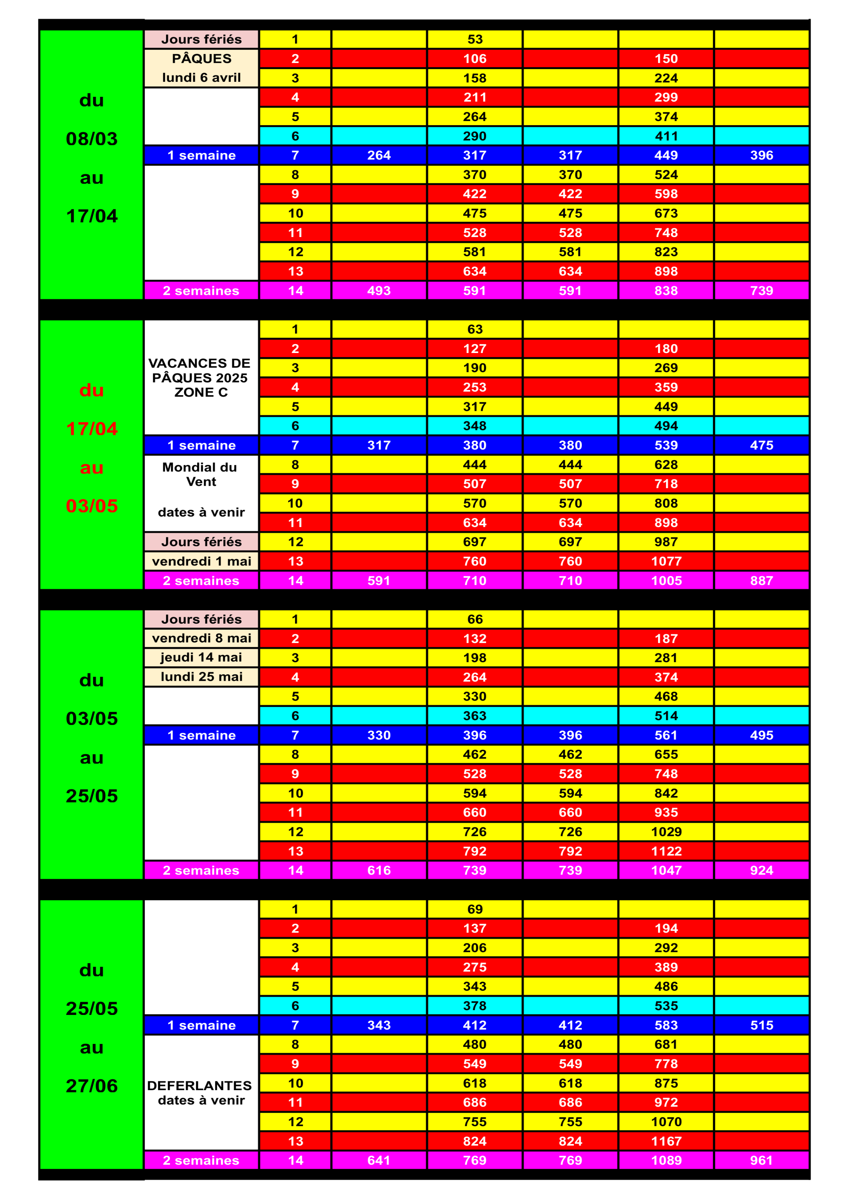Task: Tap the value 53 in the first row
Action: click(x=475, y=39)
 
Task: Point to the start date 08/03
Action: click(x=92, y=139)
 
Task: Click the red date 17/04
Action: click(x=92, y=429)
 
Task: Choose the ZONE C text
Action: click(x=201, y=392)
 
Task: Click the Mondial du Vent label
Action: click(x=200, y=474)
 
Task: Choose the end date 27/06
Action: click(x=92, y=1086)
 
